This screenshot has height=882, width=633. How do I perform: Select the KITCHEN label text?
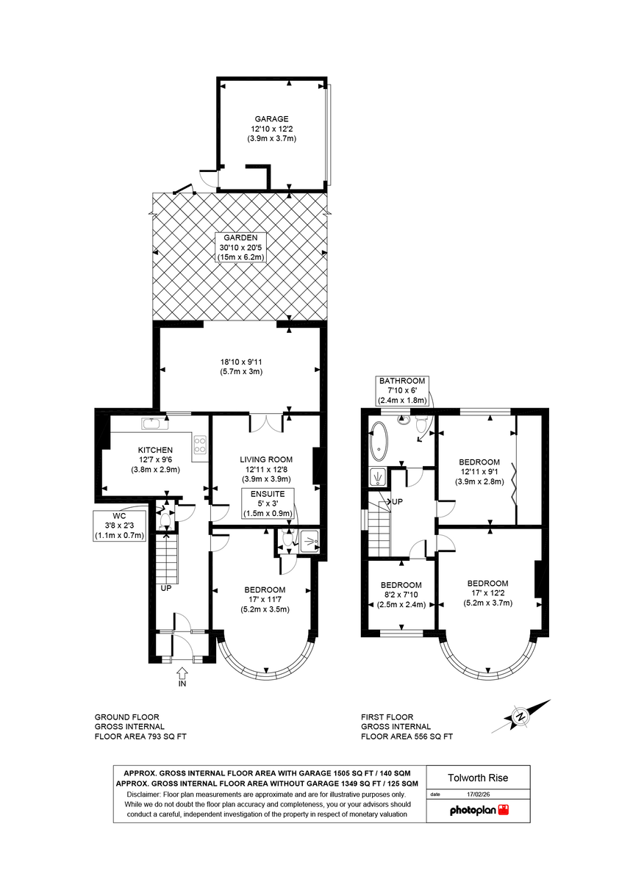coord(155,450)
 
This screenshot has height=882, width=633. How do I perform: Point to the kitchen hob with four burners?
coord(199,445)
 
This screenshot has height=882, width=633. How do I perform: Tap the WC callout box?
coord(120,526)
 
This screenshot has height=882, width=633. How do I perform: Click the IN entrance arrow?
coord(182,675)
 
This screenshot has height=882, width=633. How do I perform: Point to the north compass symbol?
coord(521,716)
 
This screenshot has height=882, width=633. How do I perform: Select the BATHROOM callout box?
coord(402,390)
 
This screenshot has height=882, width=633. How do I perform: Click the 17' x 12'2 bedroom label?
coord(487,592)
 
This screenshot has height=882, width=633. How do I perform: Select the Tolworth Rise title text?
coord(478,778)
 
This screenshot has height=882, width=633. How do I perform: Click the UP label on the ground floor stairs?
coord(166,589)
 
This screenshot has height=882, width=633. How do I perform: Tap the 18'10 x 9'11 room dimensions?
coord(240,367)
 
